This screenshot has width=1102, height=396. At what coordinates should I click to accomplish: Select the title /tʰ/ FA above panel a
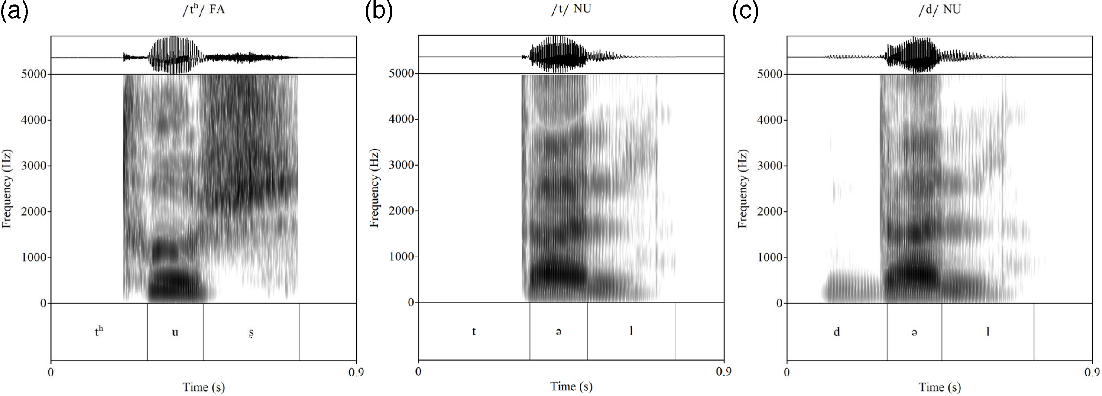(x=203, y=10)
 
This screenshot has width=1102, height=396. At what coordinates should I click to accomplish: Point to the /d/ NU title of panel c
(x=939, y=10)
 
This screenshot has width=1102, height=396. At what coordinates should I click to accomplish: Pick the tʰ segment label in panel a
(x=99, y=331)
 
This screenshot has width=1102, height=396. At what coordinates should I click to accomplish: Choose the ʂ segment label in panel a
(x=251, y=333)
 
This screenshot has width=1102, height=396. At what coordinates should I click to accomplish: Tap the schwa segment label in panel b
(x=558, y=332)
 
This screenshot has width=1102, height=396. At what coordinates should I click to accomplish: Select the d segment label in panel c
(x=836, y=332)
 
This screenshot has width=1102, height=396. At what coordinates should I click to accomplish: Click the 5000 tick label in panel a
(x=33, y=74)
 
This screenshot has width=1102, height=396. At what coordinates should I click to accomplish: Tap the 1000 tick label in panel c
(x=770, y=257)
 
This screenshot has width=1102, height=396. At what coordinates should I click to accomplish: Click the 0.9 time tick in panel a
(x=356, y=372)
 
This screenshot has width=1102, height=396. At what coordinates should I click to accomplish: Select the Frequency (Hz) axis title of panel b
(x=374, y=188)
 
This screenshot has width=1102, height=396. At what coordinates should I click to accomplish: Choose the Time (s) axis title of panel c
(x=939, y=387)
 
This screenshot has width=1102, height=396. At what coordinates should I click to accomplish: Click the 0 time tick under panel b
(x=418, y=371)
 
